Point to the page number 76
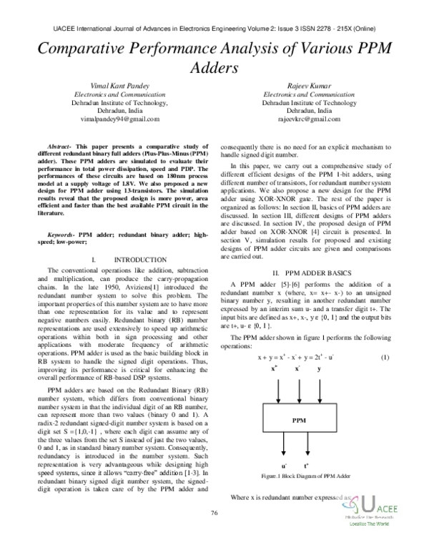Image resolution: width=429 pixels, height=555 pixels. tap(214, 533)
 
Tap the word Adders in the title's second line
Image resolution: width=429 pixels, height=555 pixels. tap(214, 69)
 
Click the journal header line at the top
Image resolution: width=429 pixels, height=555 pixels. tap(214, 29)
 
